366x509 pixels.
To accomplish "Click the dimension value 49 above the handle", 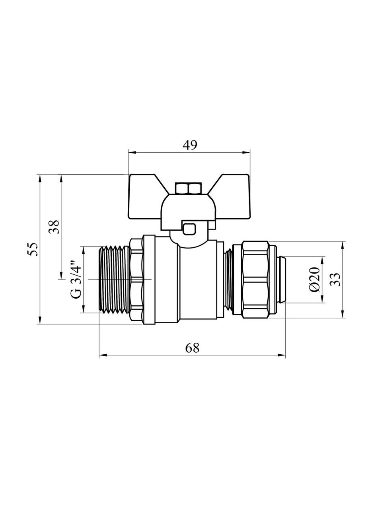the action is [190, 145].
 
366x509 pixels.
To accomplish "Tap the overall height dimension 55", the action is [33, 249].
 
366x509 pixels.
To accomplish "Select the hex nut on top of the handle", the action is [189, 188].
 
